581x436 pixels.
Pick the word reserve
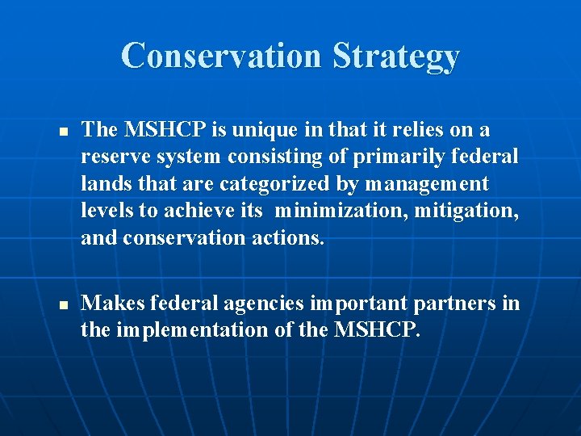(110, 157)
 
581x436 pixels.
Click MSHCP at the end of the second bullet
(378, 330)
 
